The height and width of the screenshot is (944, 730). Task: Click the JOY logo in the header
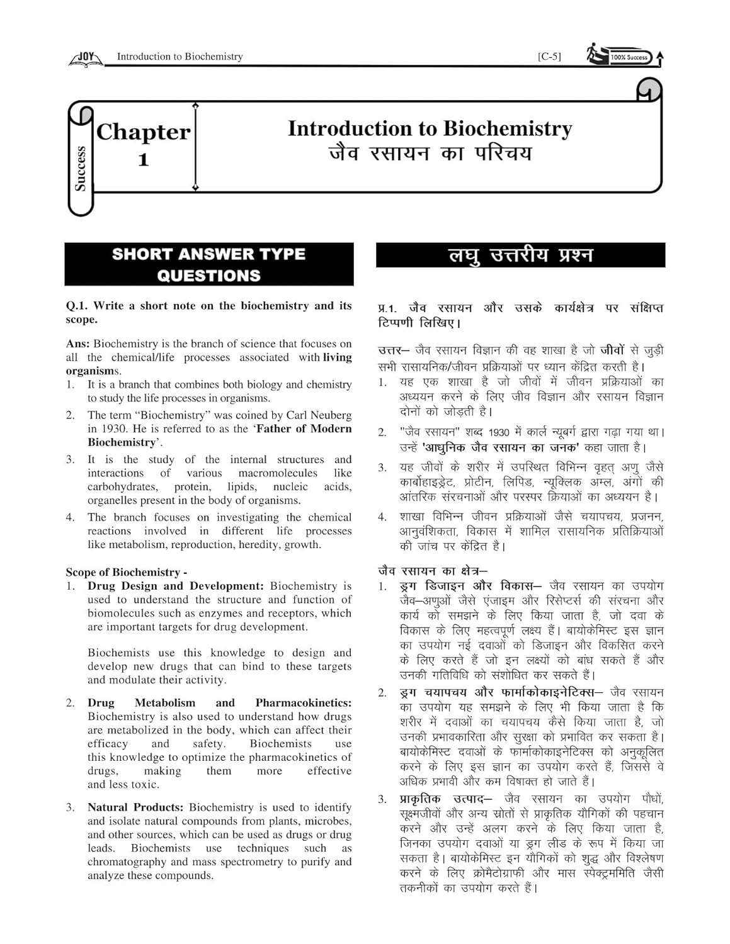coord(85,58)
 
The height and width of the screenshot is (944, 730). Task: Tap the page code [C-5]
coord(549,57)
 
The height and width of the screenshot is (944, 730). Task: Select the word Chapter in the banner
coord(143,132)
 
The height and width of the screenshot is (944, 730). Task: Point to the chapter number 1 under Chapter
coord(144,160)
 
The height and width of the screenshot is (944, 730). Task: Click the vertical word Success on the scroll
coord(80,168)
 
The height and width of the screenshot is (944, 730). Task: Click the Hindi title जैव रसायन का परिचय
coord(430,154)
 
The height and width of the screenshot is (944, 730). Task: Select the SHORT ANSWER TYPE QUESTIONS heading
coord(208,265)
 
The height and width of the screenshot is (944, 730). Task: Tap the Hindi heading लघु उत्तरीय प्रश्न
coord(520,256)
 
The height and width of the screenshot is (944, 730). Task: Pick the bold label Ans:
coord(78,344)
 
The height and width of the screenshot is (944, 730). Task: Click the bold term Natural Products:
coord(135,807)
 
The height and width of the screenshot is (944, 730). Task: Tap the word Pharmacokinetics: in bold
coord(303,703)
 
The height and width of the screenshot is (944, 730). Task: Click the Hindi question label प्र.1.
coord(388,308)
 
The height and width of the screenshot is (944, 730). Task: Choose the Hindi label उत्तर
coord(391,351)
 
